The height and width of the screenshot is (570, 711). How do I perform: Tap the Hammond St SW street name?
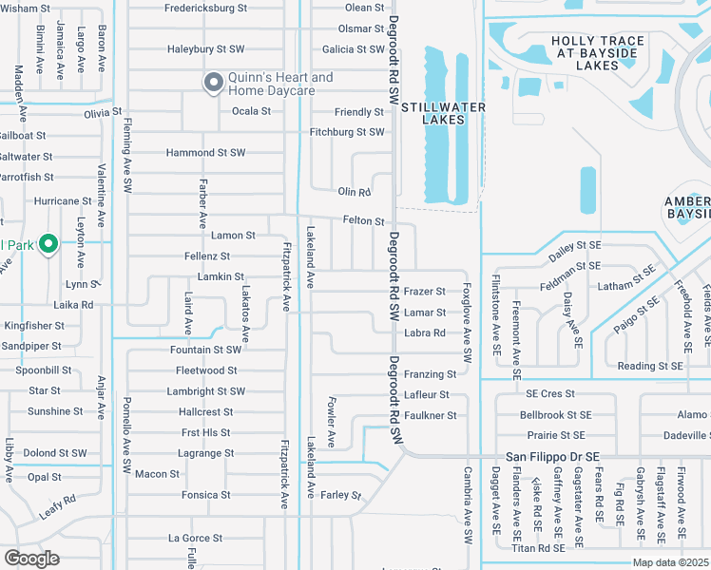point(205,153)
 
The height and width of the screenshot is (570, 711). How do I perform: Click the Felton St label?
point(363,221)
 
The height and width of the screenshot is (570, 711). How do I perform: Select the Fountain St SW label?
point(205,350)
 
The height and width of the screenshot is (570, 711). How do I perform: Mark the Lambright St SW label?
point(205,391)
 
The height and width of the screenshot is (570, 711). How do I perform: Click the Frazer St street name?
point(424,292)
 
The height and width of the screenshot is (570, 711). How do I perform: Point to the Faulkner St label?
point(430,415)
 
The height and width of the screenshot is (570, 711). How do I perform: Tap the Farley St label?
point(342,495)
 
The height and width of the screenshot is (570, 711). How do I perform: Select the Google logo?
point(32,558)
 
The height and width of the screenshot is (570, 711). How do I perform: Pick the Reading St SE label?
point(650,366)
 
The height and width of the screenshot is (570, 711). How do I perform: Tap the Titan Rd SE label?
point(538,548)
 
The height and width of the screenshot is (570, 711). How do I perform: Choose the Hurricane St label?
point(62,201)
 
